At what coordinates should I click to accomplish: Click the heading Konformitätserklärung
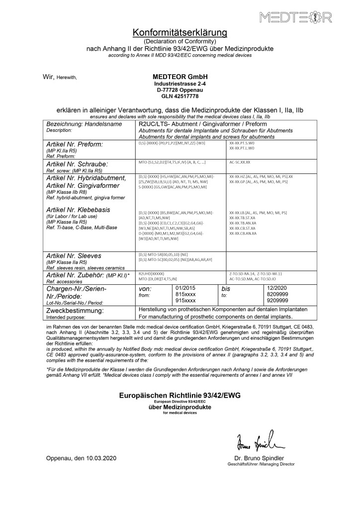(x=180, y=33)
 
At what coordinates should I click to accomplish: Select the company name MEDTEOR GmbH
(x=180, y=77)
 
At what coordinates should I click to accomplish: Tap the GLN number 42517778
(x=180, y=96)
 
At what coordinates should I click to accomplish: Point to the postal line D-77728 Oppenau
(x=180, y=90)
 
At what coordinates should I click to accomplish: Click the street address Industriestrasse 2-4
(x=180, y=84)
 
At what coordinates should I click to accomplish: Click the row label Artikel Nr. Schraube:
(x=77, y=163)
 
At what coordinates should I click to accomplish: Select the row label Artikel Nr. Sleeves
(x=74, y=255)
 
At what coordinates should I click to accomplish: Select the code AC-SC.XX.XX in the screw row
(x=240, y=163)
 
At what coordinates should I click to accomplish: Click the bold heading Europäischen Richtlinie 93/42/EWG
(x=180, y=396)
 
